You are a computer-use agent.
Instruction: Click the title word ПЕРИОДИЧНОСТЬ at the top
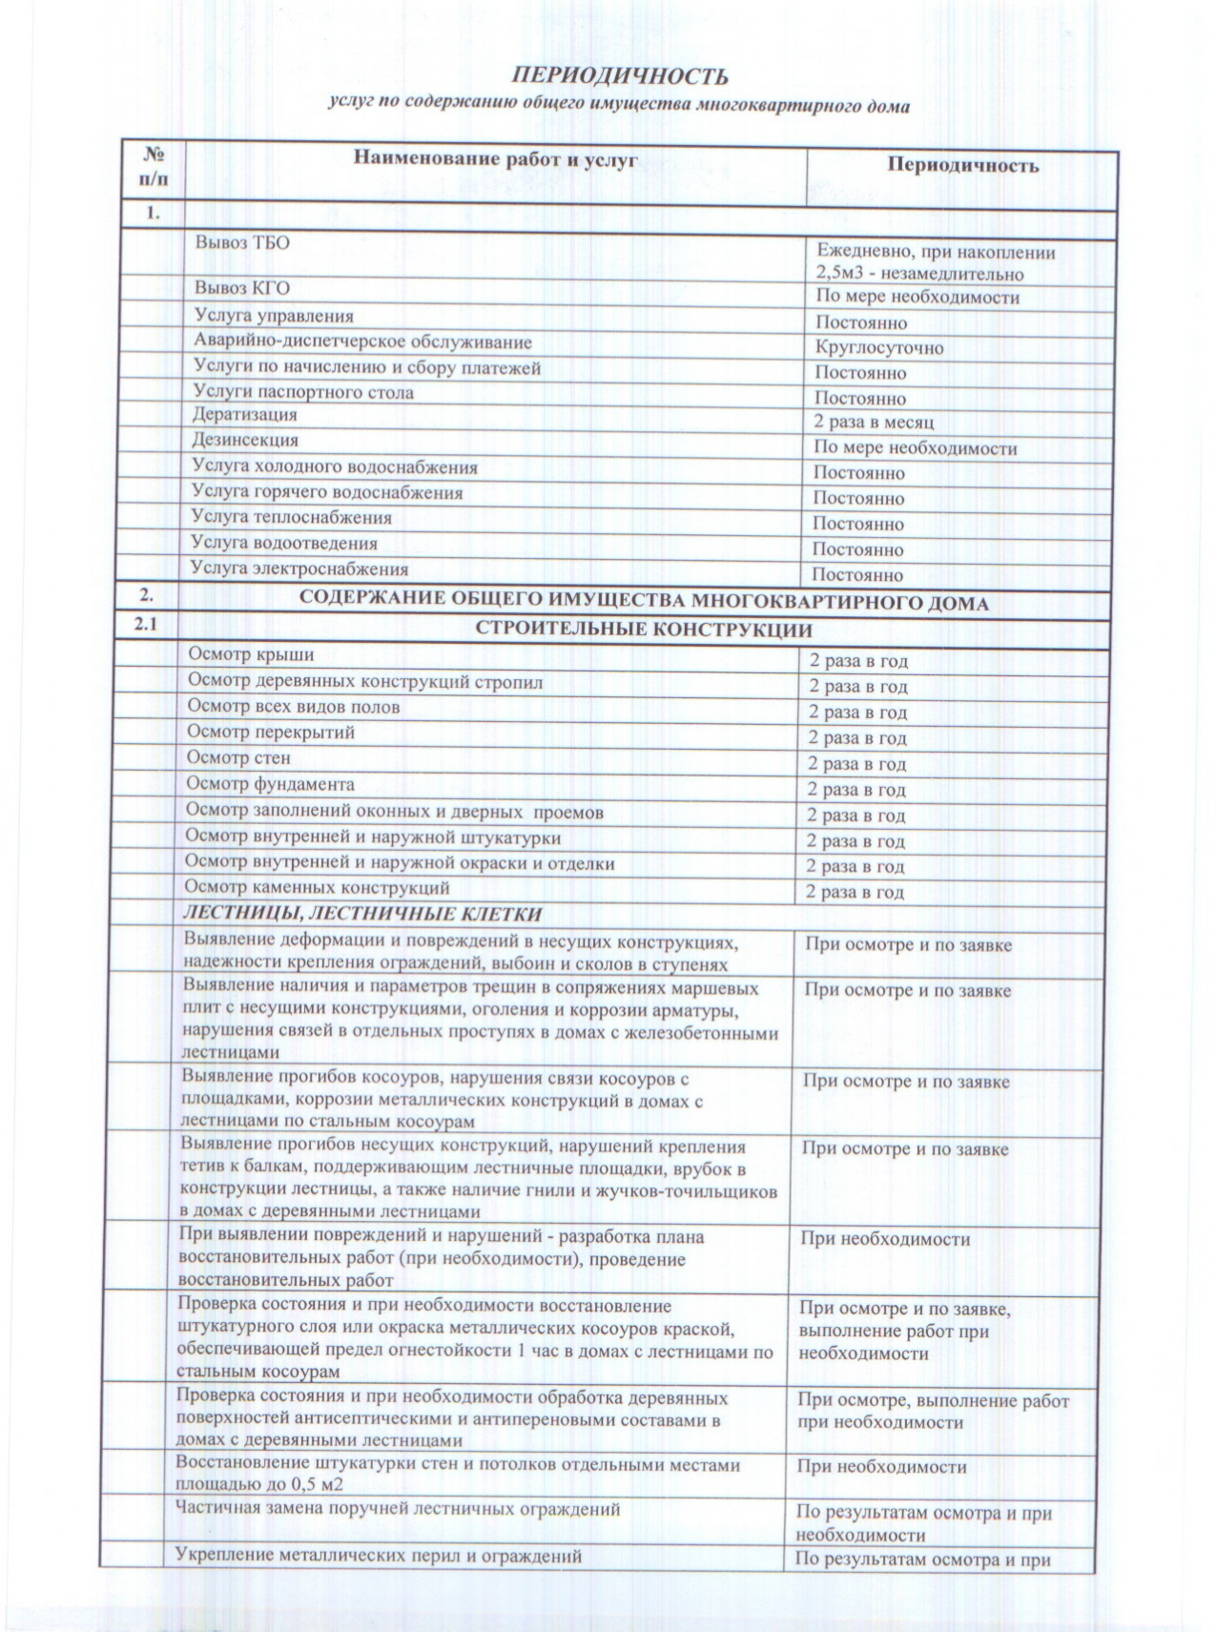point(620,76)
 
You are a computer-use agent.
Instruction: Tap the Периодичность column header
point(962,166)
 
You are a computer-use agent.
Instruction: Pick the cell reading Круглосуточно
point(879,348)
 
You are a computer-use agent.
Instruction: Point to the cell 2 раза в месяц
point(874,422)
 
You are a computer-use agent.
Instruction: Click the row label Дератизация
point(245,415)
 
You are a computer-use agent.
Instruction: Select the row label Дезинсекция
point(245,441)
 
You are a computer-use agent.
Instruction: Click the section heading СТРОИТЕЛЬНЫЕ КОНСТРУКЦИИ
point(644,630)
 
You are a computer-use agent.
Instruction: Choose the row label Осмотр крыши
point(251,655)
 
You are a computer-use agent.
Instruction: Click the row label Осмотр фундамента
point(271,784)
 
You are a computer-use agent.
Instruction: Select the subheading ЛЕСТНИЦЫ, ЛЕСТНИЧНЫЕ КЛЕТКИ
point(362,915)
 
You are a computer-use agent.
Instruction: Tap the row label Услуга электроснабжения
point(299,569)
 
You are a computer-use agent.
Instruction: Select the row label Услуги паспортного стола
point(303,392)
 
